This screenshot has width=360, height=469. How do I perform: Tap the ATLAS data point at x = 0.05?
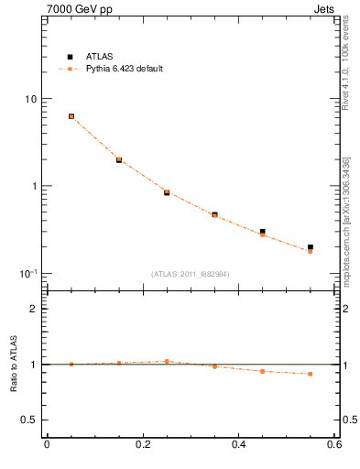click(x=71, y=116)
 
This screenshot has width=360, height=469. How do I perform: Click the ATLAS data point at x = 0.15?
click(x=119, y=159)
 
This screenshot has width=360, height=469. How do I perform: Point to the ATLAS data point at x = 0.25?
click(x=167, y=192)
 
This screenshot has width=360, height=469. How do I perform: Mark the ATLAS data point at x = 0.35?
click(x=214, y=214)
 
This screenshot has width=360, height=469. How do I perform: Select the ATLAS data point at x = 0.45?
click(x=262, y=232)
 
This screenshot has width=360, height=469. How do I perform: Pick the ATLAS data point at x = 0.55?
click(x=311, y=247)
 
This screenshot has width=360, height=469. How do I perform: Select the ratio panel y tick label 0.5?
click(x=29, y=420)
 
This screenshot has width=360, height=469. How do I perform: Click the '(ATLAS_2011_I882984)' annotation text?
click(x=191, y=274)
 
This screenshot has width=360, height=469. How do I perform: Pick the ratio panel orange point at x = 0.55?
click(x=311, y=374)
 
